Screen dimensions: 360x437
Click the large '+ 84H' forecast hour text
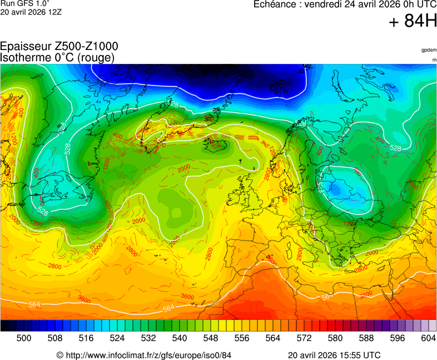pos(413,22)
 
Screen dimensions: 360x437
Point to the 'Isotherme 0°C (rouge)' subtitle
pos(57,57)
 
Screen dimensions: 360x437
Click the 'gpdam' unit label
pos(429,50)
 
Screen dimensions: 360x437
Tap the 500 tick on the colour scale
pos(23,338)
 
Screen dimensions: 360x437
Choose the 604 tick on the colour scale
pos(428,338)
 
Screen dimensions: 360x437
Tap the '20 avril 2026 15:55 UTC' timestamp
pos(334,355)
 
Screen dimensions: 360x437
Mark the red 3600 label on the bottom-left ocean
pos(84,299)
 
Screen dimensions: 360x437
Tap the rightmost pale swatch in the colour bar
pos(433,326)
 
